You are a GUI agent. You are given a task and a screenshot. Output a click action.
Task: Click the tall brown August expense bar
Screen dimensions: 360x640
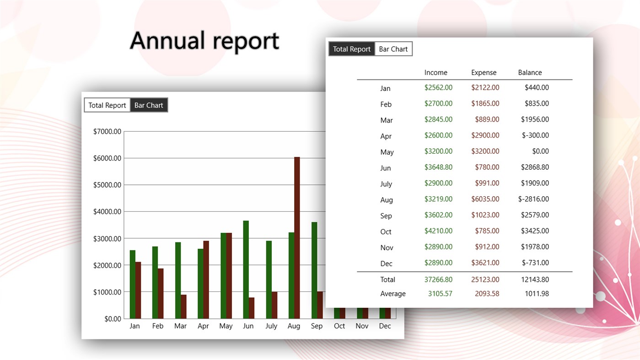[x=297, y=237]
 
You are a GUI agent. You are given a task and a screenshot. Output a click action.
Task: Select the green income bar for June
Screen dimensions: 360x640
[x=246, y=269]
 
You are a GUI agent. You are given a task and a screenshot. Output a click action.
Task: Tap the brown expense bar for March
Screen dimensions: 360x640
[x=183, y=306]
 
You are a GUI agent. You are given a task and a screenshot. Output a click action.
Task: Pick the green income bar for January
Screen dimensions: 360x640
[x=133, y=284]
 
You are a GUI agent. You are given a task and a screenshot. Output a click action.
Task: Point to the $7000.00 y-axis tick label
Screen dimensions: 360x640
[x=107, y=132]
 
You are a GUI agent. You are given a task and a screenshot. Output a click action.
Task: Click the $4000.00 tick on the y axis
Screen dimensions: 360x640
[x=107, y=212]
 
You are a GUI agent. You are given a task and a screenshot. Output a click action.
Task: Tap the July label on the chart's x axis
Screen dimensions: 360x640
[x=271, y=326]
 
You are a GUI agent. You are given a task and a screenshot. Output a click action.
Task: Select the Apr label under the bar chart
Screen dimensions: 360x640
[x=203, y=326]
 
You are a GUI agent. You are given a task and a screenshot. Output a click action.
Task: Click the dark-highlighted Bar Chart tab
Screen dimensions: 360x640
[x=149, y=105]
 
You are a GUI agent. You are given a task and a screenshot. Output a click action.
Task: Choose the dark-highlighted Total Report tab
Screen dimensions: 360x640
[x=351, y=49]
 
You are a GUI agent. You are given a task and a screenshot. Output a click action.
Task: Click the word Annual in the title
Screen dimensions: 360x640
[x=166, y=41]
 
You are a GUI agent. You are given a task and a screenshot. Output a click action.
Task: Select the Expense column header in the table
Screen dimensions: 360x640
[x=484, y=73]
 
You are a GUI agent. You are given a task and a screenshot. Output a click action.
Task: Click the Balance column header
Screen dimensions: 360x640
[x=530, y=73]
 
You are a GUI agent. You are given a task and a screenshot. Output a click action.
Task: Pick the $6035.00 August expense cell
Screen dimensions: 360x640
[x=485, y=199]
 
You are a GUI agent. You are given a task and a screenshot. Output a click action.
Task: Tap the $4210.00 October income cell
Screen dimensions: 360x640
[x=438, y=231]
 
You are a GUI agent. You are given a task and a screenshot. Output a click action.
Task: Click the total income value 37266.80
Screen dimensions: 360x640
[x=438, y=279]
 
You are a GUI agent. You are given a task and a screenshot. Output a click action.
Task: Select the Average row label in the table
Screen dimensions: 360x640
[x=393, y=294]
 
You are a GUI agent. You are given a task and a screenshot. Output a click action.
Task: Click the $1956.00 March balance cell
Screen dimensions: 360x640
[x=535, y=119]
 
